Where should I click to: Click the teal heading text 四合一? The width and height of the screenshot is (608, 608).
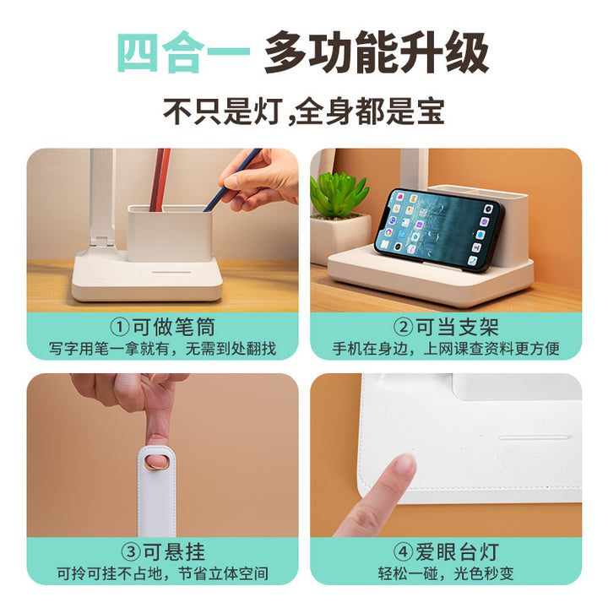pos(183,52)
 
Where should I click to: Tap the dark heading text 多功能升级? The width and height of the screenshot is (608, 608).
pos(376,52)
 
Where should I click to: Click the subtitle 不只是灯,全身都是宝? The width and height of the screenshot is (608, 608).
pos(304,111)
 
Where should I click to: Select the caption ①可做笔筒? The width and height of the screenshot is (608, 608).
pos(162,327)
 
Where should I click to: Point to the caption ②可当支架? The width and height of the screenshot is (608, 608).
pos(446,327)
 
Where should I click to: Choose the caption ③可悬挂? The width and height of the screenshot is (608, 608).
pos(163,551)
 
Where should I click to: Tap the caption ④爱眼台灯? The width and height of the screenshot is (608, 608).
pos(446,551)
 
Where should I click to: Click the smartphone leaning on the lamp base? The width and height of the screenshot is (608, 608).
pos(438,230)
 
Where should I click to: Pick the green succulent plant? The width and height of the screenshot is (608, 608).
pos(339,195)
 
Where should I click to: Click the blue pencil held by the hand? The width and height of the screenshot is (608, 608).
pos(233,180)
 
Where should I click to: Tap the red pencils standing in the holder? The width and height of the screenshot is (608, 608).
pos(160,180)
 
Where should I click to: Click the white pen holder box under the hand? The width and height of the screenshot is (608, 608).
pos(170,233)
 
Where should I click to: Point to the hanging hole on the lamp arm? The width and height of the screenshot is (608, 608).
pos(157,462)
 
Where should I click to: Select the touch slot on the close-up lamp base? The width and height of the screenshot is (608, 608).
pos(535,437)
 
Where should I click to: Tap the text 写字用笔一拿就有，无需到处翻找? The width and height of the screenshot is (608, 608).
pos(162,349)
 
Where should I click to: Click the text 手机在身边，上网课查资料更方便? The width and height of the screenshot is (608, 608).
pos(446,349)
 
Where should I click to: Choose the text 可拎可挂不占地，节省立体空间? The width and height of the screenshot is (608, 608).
pos(162,573)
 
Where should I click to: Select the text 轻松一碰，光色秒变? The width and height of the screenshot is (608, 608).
pos(446,573)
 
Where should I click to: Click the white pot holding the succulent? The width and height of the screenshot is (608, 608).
pos(339,237)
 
